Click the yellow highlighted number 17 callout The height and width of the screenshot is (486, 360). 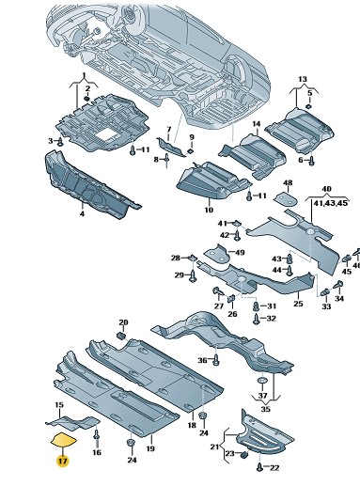tap(62, 461)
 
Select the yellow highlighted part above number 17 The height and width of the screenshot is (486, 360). tap(63, 439)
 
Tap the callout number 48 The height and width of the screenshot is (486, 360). tap(288, 182)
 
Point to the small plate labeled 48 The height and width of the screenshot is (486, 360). tap(287, 199)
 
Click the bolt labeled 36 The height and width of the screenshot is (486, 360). tap(216, 359)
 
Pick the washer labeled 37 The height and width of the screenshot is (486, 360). tap(262, 381)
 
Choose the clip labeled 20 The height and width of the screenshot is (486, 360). tap(121, 336)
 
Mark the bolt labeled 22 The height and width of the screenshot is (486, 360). tap(260, 467)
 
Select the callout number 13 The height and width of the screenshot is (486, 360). tap(303, 79)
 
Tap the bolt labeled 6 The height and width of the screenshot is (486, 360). tap(311, 161)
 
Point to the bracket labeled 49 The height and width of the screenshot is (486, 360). tap(217, 253)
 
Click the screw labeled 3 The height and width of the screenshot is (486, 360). tap(60, 142)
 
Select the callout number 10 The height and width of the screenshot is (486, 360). tap(209, 210)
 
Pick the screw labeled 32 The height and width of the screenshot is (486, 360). tap(257, 320)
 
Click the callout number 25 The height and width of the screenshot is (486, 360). tap(299, 304)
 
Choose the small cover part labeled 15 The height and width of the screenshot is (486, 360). tap(72, 422)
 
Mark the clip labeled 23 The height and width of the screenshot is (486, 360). tap(244, 454)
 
